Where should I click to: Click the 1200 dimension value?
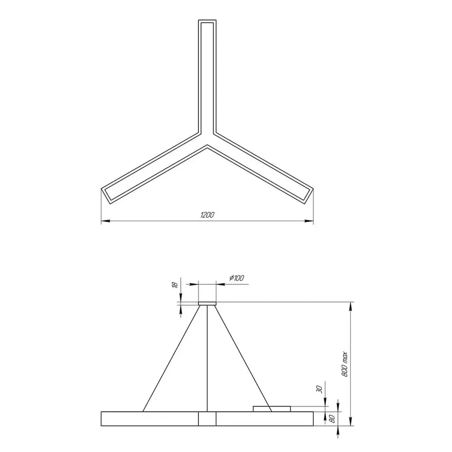pyautogui.click(x=207, y=215)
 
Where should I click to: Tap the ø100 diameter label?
pyautogui.click(x=237, y=278)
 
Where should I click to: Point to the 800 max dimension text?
pyautogui.click(x=345, y=364)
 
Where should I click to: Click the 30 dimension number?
pyautogui.click(x=319, y=389)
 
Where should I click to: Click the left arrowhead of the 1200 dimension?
pyautogui.click(x=105, y=221)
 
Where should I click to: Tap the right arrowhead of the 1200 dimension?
pyautogui.click(x=309, y=221)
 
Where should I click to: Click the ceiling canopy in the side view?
pyautogui.click(x=207, y=304)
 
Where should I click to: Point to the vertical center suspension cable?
pyautogui.click(x=207, y=357)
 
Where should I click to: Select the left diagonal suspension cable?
pyautogui.click(x=171, y=357)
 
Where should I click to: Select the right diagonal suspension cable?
pyautogui.click(x=244, y=357)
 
